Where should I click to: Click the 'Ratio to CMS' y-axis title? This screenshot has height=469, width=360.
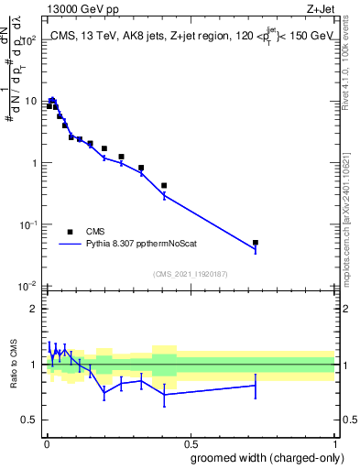[x=13, y=365]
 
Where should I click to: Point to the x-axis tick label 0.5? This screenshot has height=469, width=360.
[x=191, y=444]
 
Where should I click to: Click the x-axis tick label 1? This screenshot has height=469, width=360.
[x=335, y=444]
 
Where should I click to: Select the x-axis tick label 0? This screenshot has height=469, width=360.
[x=46, y=444]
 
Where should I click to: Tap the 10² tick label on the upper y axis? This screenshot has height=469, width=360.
[x=27, y=40]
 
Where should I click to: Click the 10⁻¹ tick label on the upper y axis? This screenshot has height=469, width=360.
[x=27, y=224]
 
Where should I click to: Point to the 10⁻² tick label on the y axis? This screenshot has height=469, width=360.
[x=27, y=286]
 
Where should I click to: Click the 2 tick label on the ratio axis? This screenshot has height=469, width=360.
[x=32, y=308]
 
